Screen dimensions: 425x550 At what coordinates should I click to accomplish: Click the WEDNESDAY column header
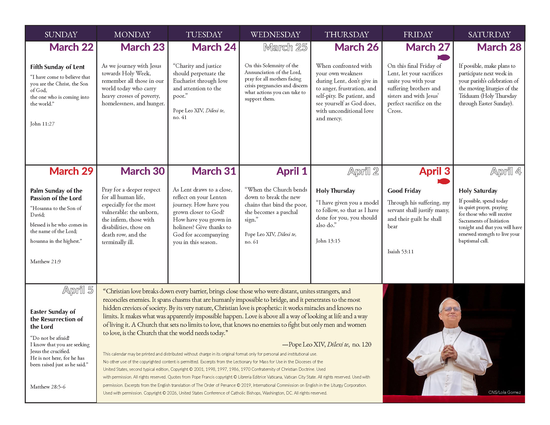pos(275,34)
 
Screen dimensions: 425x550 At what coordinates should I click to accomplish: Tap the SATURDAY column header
pos(489,34)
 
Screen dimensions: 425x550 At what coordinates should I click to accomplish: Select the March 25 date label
pos(285,47)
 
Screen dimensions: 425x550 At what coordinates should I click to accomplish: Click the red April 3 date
pos(434,171)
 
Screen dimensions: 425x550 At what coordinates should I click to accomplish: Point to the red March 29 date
pos(71,171)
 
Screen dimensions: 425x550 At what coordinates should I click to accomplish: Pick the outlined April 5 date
pos(78,290)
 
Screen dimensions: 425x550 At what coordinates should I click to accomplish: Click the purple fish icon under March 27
pos(443,57)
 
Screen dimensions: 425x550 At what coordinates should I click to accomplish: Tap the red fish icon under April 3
pos(443,181)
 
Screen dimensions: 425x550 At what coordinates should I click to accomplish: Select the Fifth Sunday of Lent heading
pos(57,67)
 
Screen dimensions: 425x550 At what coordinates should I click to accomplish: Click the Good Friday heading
pos(404,191)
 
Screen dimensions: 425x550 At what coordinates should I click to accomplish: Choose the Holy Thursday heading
pos(335,191)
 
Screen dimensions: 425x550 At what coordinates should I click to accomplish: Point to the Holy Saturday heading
pos(478,191)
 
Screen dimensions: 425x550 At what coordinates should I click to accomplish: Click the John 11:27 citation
pos(42,124)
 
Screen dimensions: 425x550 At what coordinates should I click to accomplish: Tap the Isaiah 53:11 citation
pos(400,251)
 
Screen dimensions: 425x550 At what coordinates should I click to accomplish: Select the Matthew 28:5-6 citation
pos(48,387)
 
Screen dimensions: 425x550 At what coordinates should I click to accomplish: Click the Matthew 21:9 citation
pos(45,261)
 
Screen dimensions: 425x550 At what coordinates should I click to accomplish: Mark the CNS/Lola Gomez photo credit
pos(504,392)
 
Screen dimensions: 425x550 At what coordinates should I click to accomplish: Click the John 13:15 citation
pos(328,241)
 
